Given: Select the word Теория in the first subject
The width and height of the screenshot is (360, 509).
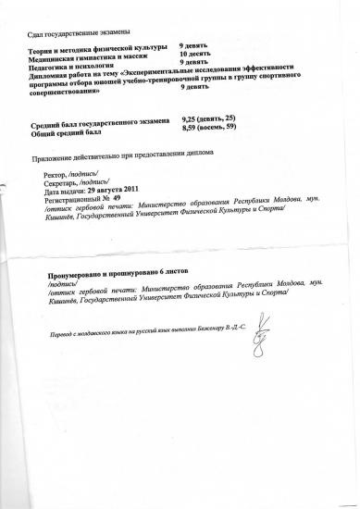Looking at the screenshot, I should [x=43, y=45].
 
